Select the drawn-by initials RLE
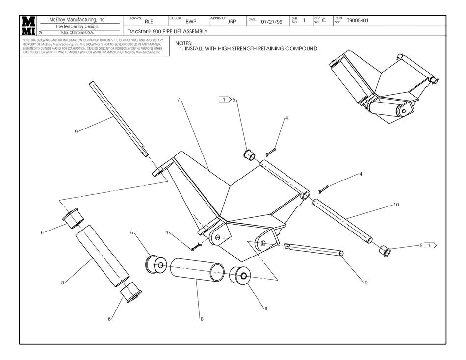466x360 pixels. point(149,22)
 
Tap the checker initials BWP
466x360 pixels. point(191,22)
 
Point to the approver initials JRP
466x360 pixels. point(232,22)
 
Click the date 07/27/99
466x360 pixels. point(272,22)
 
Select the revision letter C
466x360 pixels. point(324,21)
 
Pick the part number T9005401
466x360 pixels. point(358,21)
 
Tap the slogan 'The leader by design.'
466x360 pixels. point(78,26)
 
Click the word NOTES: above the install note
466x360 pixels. point(183,43)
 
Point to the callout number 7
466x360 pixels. point(179,100)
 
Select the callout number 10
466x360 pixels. point(396,205)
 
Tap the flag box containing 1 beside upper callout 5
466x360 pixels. point(224,100)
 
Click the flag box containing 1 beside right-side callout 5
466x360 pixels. point(430,245)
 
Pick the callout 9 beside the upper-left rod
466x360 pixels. point(76,131)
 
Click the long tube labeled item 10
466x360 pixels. point(343,218)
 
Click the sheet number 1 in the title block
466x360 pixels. point(304,21)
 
